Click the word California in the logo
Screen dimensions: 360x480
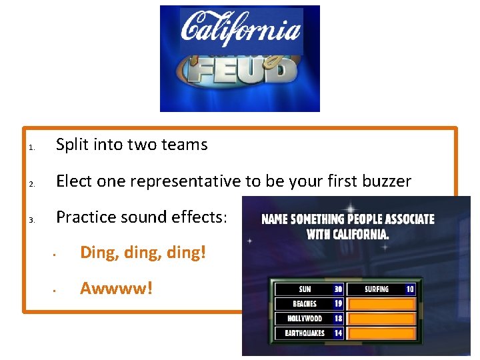tap(241, 31)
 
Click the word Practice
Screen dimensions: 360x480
tap(85, 217)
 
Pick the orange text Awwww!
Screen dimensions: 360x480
tap(116, 289)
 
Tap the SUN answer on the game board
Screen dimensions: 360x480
tap(305, 290)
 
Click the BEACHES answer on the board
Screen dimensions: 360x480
tap(305, 304)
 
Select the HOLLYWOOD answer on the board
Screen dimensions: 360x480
tap(305, 319)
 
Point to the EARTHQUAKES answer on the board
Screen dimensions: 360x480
tap(305, 333)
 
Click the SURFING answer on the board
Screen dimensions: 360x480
tap(377, 290)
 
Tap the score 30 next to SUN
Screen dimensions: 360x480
tap(338, 290)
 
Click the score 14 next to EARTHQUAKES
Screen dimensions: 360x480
tap(338, 333)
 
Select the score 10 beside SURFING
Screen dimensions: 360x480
tap(409, 290)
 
